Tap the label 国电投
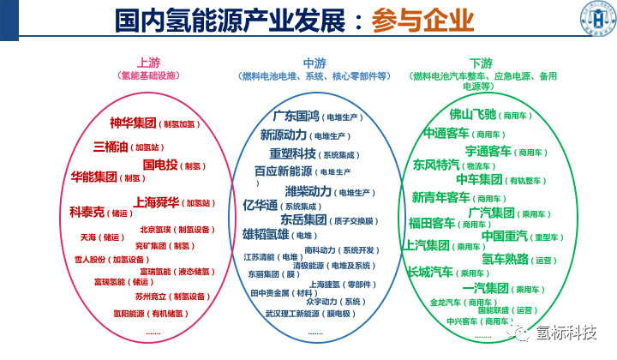tap(160, 165)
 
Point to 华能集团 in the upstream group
tap(93, 177)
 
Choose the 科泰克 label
tap(87, 212)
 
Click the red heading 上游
tap(147, 63)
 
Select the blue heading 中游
tap(314, 63)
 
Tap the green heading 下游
tap(481, 63)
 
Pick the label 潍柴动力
tap(308, 191)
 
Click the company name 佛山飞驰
tap(473, 114)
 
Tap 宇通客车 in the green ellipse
tap(489, 151)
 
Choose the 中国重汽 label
tap(504, 236)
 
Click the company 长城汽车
tap(430, 273)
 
